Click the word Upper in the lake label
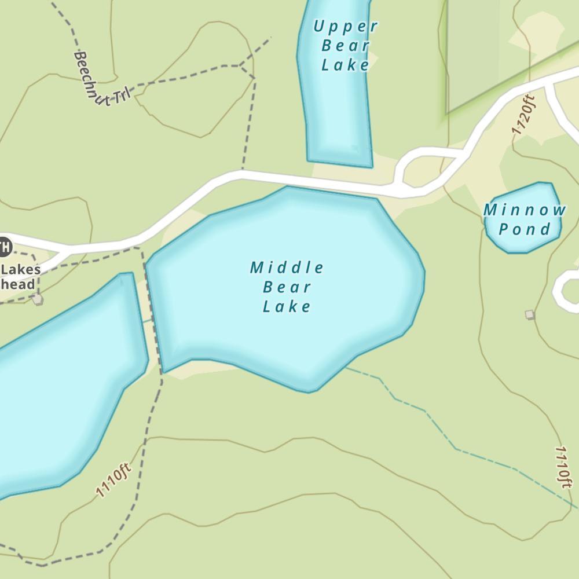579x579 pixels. [x=345, y=26]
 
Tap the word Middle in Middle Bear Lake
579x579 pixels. [x=287, y=267]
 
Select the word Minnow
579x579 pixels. [x=525, y=210]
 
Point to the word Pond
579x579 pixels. [x=525, y=229]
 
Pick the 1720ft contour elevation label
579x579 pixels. [x=524, y=115]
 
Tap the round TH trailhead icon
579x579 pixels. [x=4, y=247]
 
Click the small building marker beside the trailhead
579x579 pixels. [x=38, y=299]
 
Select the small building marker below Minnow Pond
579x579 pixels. [x=529, y=314]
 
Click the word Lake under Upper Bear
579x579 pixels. [x=345, y=65]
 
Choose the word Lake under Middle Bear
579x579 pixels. [x=287, y=306]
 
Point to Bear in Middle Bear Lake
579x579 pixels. [x=287, y=287]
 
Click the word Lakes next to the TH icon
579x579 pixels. [x=21, y=270]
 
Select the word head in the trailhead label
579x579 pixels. [x=18, y=284]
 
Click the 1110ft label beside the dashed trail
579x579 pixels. [x=114, y=480]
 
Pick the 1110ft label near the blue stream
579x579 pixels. [x=563, y=466]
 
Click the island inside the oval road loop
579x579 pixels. [x=429, y=168]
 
